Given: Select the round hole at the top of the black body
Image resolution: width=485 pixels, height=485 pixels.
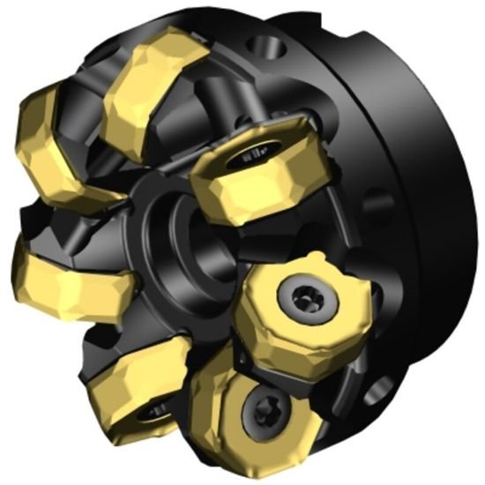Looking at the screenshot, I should pos(264,43).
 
